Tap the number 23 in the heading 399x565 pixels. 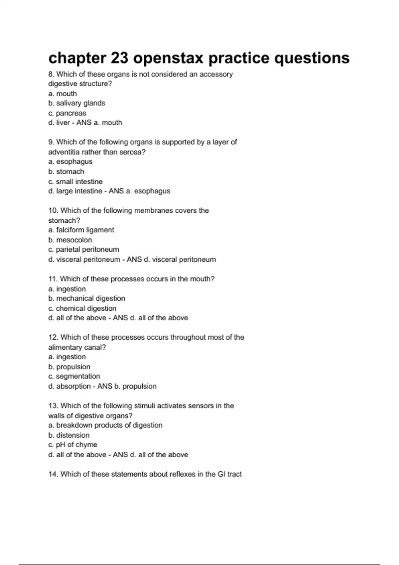pyautogui.click(x=120, y=58)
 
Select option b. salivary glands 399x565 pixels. pyautogui.click(x=76, y=103)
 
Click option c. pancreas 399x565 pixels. pyautogui.click(x=67, y=113)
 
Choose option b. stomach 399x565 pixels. pyautogui.click(x=66, y=171)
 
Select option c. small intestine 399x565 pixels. pyautogui.click(x=75, y=181)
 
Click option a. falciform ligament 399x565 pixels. pyautogui.click(x=81, y=230)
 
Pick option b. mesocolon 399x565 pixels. pyautogui.click(x=70, y=240)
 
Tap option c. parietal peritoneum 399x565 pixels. pyautogui.click(x=83, y=250)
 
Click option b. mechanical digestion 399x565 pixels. pyautogui.click(x=87, y=298)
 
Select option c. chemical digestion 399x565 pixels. pyautogui.click(x=82, y=308)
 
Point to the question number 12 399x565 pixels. pyautogui.click(x=53, y=337)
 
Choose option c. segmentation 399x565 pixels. pyautogui.click(x=74, y=376)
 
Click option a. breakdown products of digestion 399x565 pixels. pyautogui.click(x=105, y=425)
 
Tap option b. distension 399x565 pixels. pyautogui.click(x=69, y=435)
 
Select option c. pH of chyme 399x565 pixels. pyautogui.click(x=73, y=445)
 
